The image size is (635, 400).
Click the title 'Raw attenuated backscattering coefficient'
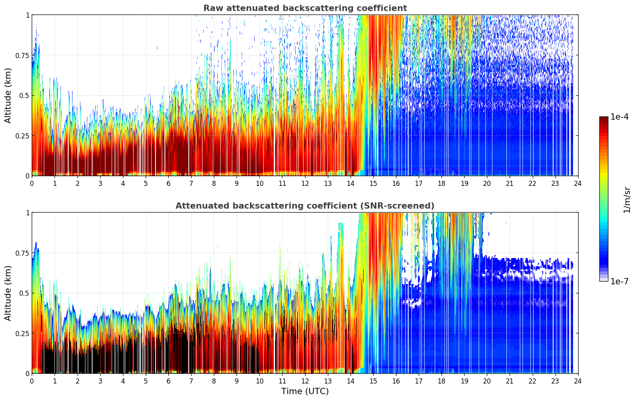(x=305, y=8)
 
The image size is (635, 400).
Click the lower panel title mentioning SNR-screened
(x=305, y=206)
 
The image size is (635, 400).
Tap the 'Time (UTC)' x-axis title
(x=305, y=391)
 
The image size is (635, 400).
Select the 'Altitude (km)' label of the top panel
(x=8, y=95)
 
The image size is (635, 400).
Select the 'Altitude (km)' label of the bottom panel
(x=8, y=293)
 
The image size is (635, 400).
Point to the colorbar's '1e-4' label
(x=619, y=117)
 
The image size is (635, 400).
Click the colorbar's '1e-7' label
(x=619, y=281)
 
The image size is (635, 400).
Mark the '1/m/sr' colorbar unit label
(x=627, y=200)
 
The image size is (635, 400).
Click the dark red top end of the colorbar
(x=603, y=118)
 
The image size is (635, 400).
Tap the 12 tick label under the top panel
(x=305, y=183)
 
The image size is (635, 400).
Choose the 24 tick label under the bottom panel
(x=578, y=381)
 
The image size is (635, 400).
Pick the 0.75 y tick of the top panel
(x=22, y=55)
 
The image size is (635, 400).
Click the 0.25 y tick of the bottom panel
(x=22, y=333)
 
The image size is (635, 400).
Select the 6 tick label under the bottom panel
(x=168, y=381)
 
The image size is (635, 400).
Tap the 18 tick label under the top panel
(x=441, y=183)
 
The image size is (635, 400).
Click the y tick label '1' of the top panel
(x=27, y=15)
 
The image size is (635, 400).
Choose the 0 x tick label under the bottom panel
(x=32, y=381)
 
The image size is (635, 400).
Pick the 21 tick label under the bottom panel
(x=510, y=381)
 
